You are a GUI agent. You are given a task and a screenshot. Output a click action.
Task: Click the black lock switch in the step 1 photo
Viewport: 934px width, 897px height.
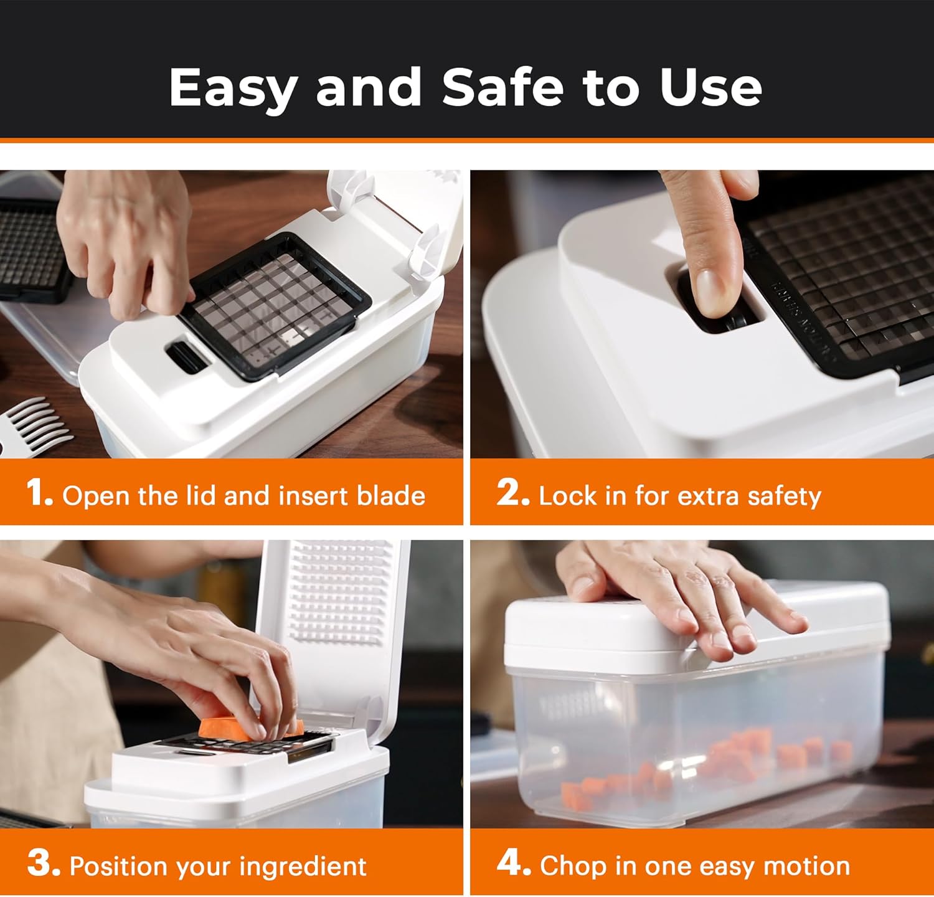pos(185,356)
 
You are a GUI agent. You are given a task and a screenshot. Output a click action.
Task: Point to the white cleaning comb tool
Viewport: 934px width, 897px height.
pos(34,424)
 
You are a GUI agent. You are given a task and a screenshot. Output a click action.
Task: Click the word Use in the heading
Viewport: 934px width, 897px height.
pos(710,87)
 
